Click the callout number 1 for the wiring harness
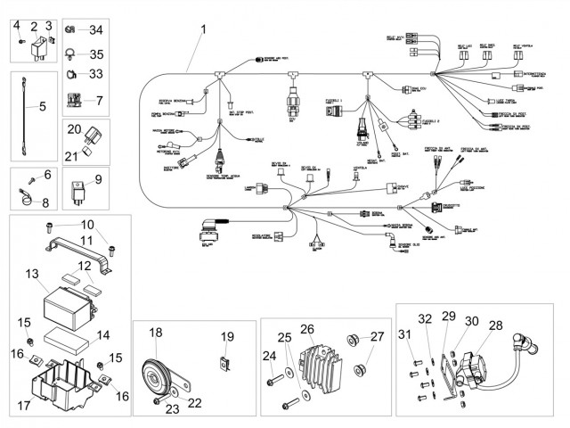[203, 29]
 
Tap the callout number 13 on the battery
[33, 273]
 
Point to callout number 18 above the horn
[156, 332]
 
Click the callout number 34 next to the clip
[96, 29]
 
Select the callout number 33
[96, 73]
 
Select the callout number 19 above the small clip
[227, 337]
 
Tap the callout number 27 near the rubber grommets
[378, 336]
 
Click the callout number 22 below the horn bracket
[195, 403]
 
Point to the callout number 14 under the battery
[103, 336]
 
